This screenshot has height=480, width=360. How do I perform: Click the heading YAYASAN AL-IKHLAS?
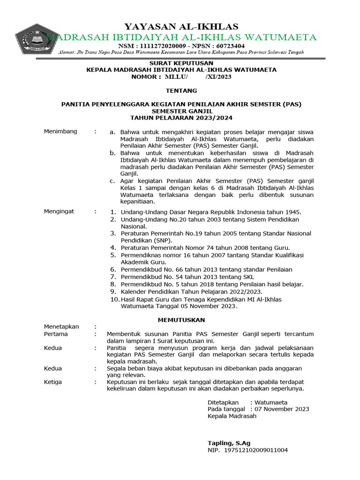click(x=180, y=26)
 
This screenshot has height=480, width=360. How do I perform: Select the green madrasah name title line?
click(x=181, y=37)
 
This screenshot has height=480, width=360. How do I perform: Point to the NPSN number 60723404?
click(x=228, y=46)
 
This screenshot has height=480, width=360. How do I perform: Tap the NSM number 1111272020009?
click(x=159, y=46)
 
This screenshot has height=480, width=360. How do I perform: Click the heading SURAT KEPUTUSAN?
click(x=181, y=63)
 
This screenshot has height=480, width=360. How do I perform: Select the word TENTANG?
click(x=181, y=90)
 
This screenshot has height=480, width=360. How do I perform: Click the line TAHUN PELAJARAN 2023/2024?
click(x=181, y=118)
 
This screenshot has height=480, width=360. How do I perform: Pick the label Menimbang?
click(x=60, y=132)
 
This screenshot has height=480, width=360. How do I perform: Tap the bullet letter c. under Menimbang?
click(x=112, y=181)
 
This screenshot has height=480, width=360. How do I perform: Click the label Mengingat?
click(x=59, y=211)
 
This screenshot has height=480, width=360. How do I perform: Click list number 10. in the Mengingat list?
click(x=114, y=299)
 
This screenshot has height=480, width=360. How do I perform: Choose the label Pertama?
click(x=56, y=334)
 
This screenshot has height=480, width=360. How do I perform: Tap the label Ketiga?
click(x=53, y=382)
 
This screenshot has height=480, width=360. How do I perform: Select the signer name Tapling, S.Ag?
click(x=229, y=443)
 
